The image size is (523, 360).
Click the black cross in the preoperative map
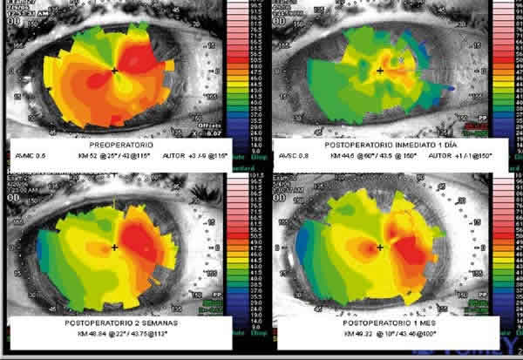[114, 69]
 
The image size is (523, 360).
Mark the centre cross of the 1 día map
[380, 69]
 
